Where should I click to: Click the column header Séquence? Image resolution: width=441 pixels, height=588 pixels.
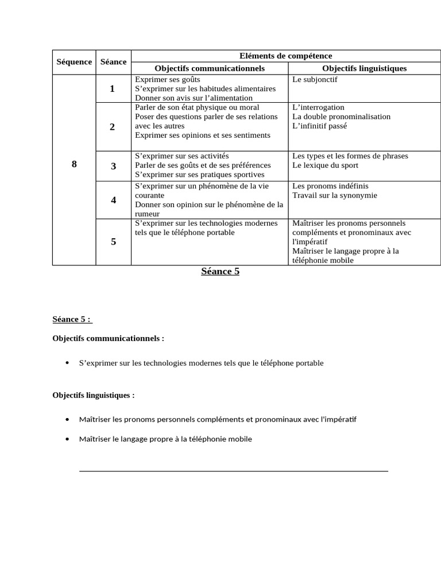coord(74,62)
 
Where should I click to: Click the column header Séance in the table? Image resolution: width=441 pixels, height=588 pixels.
coord(113,62)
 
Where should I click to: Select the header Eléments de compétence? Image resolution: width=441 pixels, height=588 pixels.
coord(285,56)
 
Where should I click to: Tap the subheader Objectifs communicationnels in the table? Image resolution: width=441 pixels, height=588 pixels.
coord(210,68)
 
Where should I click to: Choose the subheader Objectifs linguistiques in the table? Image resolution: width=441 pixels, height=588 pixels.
coord(364,68)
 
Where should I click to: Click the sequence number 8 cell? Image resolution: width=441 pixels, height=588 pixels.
coord(74,165)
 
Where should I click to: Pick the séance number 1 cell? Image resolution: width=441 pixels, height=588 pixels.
coord(113,88)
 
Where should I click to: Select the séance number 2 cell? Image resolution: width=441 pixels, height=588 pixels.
coord(113,127)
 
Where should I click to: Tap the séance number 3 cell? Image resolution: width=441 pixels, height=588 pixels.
coord(113,167)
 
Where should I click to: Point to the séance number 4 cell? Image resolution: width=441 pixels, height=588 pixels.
coord(113,200)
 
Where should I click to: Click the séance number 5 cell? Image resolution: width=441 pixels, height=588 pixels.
coord(113,242)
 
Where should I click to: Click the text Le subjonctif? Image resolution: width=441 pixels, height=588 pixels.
coord(315,80)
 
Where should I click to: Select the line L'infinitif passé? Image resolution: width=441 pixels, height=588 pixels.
coord(319,126)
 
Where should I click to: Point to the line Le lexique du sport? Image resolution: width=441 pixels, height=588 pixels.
coord(325,165)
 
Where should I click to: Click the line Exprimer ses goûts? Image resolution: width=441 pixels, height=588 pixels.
coord(168,80)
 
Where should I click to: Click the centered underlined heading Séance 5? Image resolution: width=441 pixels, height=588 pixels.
coord(220,272)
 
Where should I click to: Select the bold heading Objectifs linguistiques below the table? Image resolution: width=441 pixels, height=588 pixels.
coord(94,395)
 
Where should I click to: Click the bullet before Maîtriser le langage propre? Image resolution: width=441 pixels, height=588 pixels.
coord(68,439)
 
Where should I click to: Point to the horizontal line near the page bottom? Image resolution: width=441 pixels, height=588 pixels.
coord(233,471)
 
